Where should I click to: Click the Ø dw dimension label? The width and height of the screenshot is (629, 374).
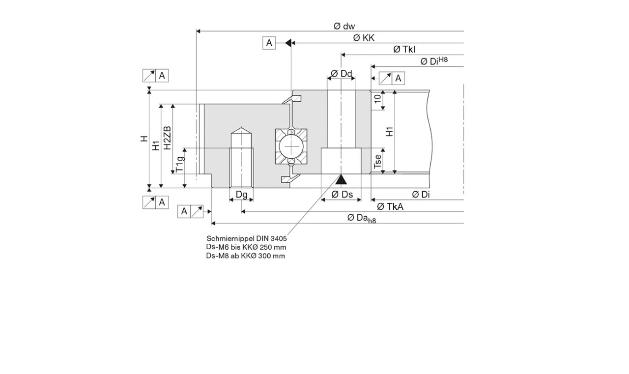coord(344,26)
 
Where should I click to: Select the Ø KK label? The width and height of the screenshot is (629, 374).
coord(364,38)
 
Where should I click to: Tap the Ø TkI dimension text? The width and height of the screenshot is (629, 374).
coord(404,49)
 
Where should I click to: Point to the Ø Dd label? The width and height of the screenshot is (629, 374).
coord(341,74)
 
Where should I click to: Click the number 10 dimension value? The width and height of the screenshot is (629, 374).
coord(377,98)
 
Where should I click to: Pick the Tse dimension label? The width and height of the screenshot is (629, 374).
coord(377,162)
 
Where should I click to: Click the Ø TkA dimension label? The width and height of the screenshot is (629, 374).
coord(390,206)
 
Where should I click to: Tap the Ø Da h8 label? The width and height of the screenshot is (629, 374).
coord(361,218)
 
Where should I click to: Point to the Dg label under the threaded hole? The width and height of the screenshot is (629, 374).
coord(241,194)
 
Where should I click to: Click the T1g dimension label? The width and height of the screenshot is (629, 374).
coord(180,163)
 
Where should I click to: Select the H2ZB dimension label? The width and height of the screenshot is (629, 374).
coord(168,138)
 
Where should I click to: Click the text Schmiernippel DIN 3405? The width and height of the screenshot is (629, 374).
coord(247,238)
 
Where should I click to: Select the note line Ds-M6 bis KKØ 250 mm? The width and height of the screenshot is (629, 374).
coord(246,247)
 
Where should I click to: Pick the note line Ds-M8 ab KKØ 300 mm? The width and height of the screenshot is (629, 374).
coord(246,256)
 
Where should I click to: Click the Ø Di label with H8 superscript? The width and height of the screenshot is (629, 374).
coord(434,61)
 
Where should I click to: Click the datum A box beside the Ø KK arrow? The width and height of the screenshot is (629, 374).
coord(269,43)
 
